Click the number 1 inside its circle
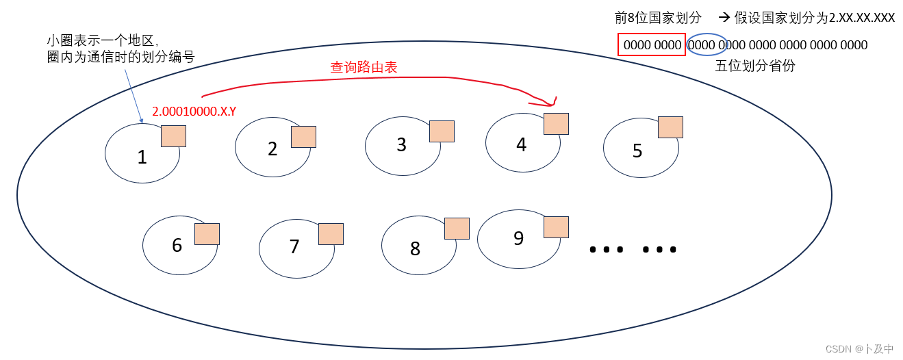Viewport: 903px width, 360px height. (x=142, y=157)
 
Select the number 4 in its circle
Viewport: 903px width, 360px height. (x=522, y=145)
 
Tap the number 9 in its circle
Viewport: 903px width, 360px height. (x=518, y=238)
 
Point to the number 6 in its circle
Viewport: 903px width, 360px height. (x=177, y=245)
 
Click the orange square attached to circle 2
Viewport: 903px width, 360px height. (x=303, y=137)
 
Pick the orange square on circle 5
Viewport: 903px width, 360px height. (x=670, y=127)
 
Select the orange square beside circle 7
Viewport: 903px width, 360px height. (x=331, y=234)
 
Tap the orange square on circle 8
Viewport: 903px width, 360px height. (x=457, y=229)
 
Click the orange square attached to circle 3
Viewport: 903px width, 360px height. (x=442, y=131)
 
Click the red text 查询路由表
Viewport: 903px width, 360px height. (x=364, y=67)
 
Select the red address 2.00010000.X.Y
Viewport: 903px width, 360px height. (x=194, y=111)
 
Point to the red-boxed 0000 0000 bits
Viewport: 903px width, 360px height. (x=651, y=45)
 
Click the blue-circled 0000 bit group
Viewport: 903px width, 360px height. (x=707, y=45)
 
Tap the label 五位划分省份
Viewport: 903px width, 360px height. (x=755, y=66)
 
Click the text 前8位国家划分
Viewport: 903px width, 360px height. (x=658, y=18)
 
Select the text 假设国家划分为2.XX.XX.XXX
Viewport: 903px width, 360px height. (x=814, y=18)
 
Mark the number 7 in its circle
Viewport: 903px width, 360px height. (x=294, y=246)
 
